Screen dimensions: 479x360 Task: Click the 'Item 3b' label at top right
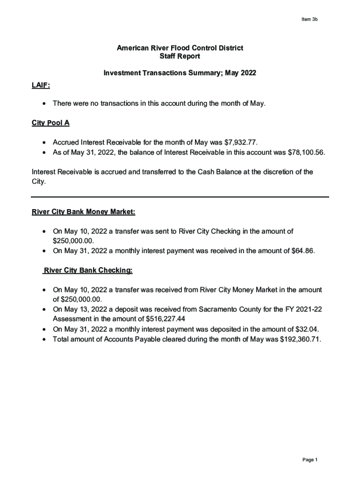(x=310, y=20)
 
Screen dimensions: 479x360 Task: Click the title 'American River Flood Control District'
(x=180, y=48)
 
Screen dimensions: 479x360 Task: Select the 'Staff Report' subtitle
(x=180, y=56)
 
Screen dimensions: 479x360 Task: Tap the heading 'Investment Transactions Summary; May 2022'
(x=180, y=73)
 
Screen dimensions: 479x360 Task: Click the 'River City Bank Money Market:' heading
(x=83, y=212)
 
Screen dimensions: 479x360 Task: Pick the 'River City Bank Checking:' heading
(x=88, y=270)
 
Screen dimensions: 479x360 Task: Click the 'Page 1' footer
(x=310, y=460)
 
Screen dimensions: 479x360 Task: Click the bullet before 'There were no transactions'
(x=44, y=103)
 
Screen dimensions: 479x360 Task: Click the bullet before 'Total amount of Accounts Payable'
(x=44, y=339)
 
